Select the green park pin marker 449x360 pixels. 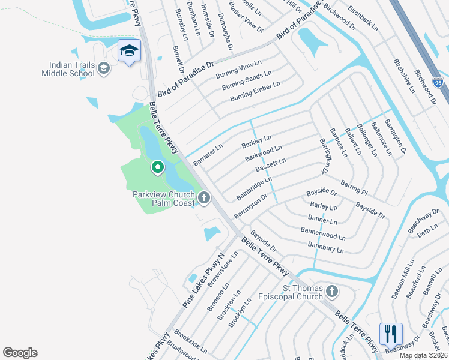pyautogui.click(x=157, y=167)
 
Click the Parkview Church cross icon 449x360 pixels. pyautogui.click(x=204, y=197)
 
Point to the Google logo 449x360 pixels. pyautogui.click(x=20, y=353)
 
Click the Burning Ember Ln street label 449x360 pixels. pyautogui.click(x=255, y=91)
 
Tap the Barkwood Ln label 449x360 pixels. pyautogui.click(x=263, y=153)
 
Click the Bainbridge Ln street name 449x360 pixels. pyautogui.click(x=254, y=188)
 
